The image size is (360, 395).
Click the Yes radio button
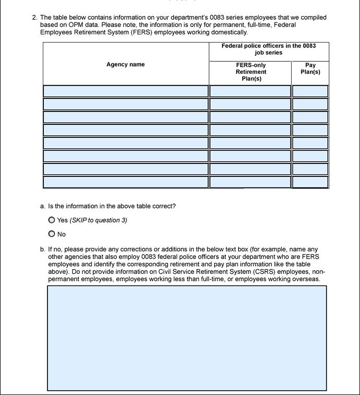click(x=52, y=220)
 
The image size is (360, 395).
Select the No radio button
click(x=52, y=234)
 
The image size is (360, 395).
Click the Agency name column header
click(x=126, y=65)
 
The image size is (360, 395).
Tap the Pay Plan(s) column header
click(x=310, y=69)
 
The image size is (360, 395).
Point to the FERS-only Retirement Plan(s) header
click(x=251, y=72)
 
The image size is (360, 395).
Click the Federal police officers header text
click(x=268, y=49)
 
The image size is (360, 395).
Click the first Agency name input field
click(x=126, y=91)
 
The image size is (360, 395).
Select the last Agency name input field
click(x=126, y=182)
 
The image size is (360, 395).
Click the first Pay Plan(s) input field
click(x=310, y=91)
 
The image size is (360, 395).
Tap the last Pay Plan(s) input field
click(x=310, y=182)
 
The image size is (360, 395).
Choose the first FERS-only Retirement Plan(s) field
click(x=250, y=91)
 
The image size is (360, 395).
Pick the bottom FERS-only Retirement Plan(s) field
click(x=250, y=182)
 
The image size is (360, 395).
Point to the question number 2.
click(x=34, y=17)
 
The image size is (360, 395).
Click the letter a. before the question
click(x=43, y=206)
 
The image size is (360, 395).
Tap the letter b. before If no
click(x=43, y=249)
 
